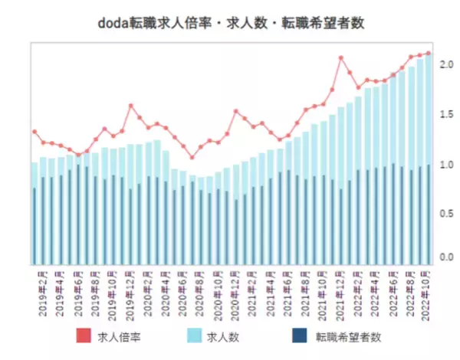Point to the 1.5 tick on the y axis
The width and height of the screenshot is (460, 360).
[445, 115]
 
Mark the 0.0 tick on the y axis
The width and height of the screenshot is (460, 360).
[445, 257]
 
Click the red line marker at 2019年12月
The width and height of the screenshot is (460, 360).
[131, 106]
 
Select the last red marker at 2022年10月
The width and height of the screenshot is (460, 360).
[429, 54]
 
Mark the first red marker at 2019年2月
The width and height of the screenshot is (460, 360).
[34, 132]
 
